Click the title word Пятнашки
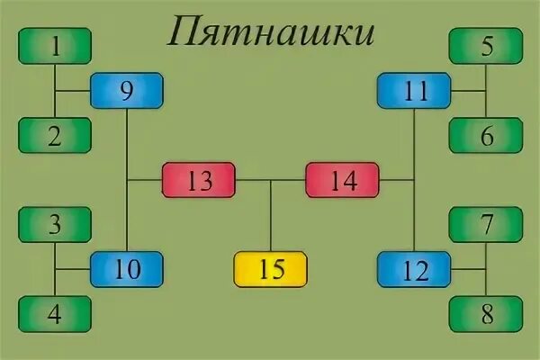pyautogui.click(x=270, y=34)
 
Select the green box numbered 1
pyautogui.click(x=55, y=46)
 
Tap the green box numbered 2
pyautogui.click(x=55, y=135)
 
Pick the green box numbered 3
pyautogui.click(x=55, y=224)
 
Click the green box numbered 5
pyautogui.click(x=486, y=46)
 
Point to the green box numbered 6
pyautogui.click(x=486, y=135)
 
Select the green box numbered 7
pyautogui.click(x=486, y=224)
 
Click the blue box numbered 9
pyautogui.click(x=126, y=90)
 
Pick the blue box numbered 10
pyautogui.click(x=126, y=269)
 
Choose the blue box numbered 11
pyautogui.click(x=413, y=90)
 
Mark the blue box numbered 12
pyautogui.click(x=413, y=269)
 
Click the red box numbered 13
pyautogui.click(x=198, y=180)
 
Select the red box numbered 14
pyautogui.click(x=342, y=180)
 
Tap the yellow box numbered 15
pyautogui.click(x=270, y=269)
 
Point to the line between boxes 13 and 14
pyautogui.click(x=270, y=180)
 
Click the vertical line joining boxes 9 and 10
pyautogui.click(x=126, y=144)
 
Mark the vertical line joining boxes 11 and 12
pyautogui.click(x=413, y=216)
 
